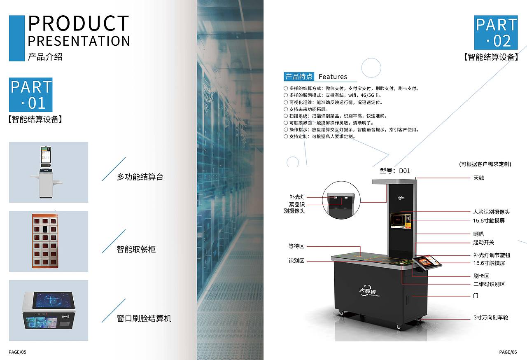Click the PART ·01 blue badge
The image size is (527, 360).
click(x=30, y=95)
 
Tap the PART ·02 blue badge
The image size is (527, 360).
click(x=496, y=33)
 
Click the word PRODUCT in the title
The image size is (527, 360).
click(x=79, y=23)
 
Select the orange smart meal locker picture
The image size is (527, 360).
click(x=45, y=241)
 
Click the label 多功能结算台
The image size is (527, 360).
click(x=140, y=177)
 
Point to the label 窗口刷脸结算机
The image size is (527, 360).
click(x=144, y=318)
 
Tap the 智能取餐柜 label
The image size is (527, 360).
click(x=136, y=249)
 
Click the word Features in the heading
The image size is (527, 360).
click(x=333, y=77)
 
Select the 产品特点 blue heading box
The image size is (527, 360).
click(x=299, y=77)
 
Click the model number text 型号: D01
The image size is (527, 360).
click(x=395, y=171)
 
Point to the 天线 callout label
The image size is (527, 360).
click(x=478, y=178)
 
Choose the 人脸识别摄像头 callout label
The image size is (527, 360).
click(x=491, y=212)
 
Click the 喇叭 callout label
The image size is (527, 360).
click(x=478, y=234)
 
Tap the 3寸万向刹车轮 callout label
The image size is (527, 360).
click(x=491, y=318)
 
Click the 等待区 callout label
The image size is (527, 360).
click(x=296, y=246)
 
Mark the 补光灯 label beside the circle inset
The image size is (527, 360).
click(x=297, y=197)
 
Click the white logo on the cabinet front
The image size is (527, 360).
click(x=369, y=291)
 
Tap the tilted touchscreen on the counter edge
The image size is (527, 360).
click(x=427, y=262)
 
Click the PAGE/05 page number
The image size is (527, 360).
click(x=17, y=352)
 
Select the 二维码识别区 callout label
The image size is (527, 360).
click(x=489, y=284)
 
